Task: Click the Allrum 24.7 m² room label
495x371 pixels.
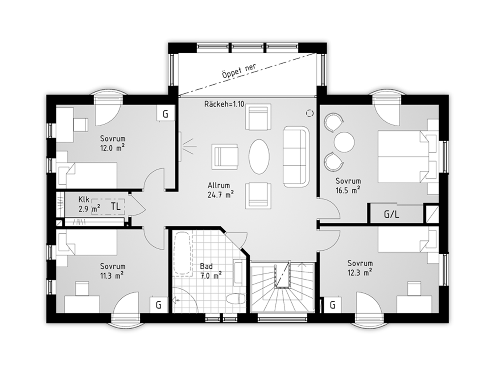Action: [x=221, y=190]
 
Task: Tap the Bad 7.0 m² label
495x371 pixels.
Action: [x=211, y=271]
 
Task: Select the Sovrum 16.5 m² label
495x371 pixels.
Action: [x=348, y=185]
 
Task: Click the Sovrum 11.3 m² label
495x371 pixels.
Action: [x=113, y=271]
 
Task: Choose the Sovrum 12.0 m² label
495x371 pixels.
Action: [x=113, y=143]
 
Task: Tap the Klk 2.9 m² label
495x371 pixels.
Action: [x=89, y=204]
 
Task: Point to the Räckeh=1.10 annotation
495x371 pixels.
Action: [x=224, y=104]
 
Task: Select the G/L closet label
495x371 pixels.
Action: [x=391, y=214]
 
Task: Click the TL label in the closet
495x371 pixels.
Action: [x=115, y=206]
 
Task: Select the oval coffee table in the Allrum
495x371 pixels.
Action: [x=259, y=157]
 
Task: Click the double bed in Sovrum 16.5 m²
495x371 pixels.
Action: [x=408, y=157]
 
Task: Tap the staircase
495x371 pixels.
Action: [x=282, y=287]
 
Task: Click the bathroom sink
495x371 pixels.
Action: [x=240, y=272]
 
